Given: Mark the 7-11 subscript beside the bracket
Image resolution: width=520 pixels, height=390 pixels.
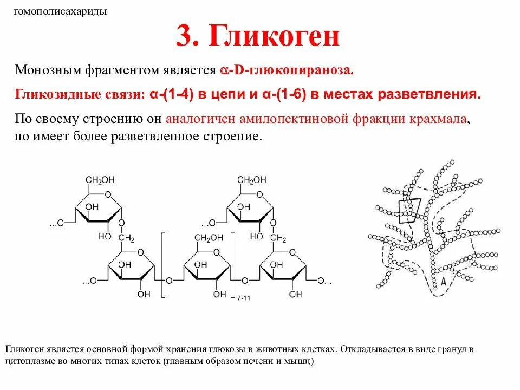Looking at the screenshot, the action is [x=244, y=297].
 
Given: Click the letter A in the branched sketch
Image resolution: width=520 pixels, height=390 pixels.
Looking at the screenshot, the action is [x=443, y=281].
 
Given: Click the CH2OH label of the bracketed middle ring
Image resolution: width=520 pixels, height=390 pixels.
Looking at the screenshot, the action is [x=209, y=238].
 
